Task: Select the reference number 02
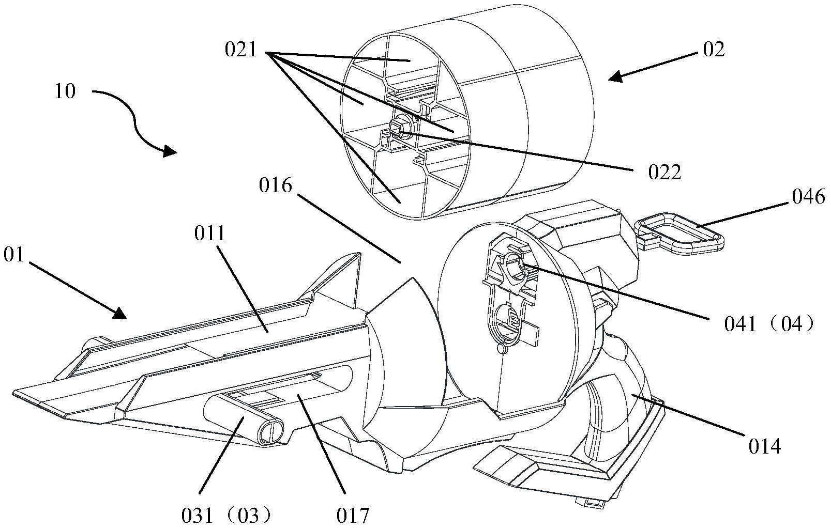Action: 714,50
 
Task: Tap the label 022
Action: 664,173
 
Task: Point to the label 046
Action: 808,196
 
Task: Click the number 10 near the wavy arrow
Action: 65,91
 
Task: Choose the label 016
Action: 275,185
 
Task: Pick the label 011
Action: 210,234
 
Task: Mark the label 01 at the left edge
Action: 14,255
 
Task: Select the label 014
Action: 765,447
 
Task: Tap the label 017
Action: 353,516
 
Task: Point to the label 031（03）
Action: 226,516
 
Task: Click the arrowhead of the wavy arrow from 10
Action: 170,151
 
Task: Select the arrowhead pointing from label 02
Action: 616,77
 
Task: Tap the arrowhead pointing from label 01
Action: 119,314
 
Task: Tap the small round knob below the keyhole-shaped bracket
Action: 502,348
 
